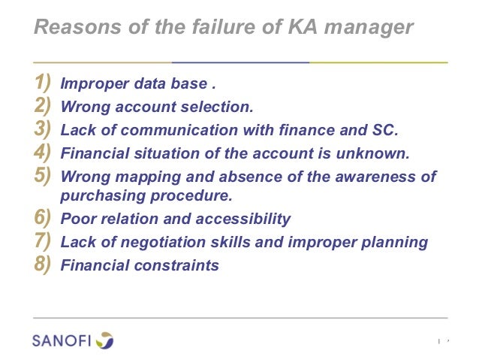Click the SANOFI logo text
point(62,340)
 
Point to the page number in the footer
point(447,341)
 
